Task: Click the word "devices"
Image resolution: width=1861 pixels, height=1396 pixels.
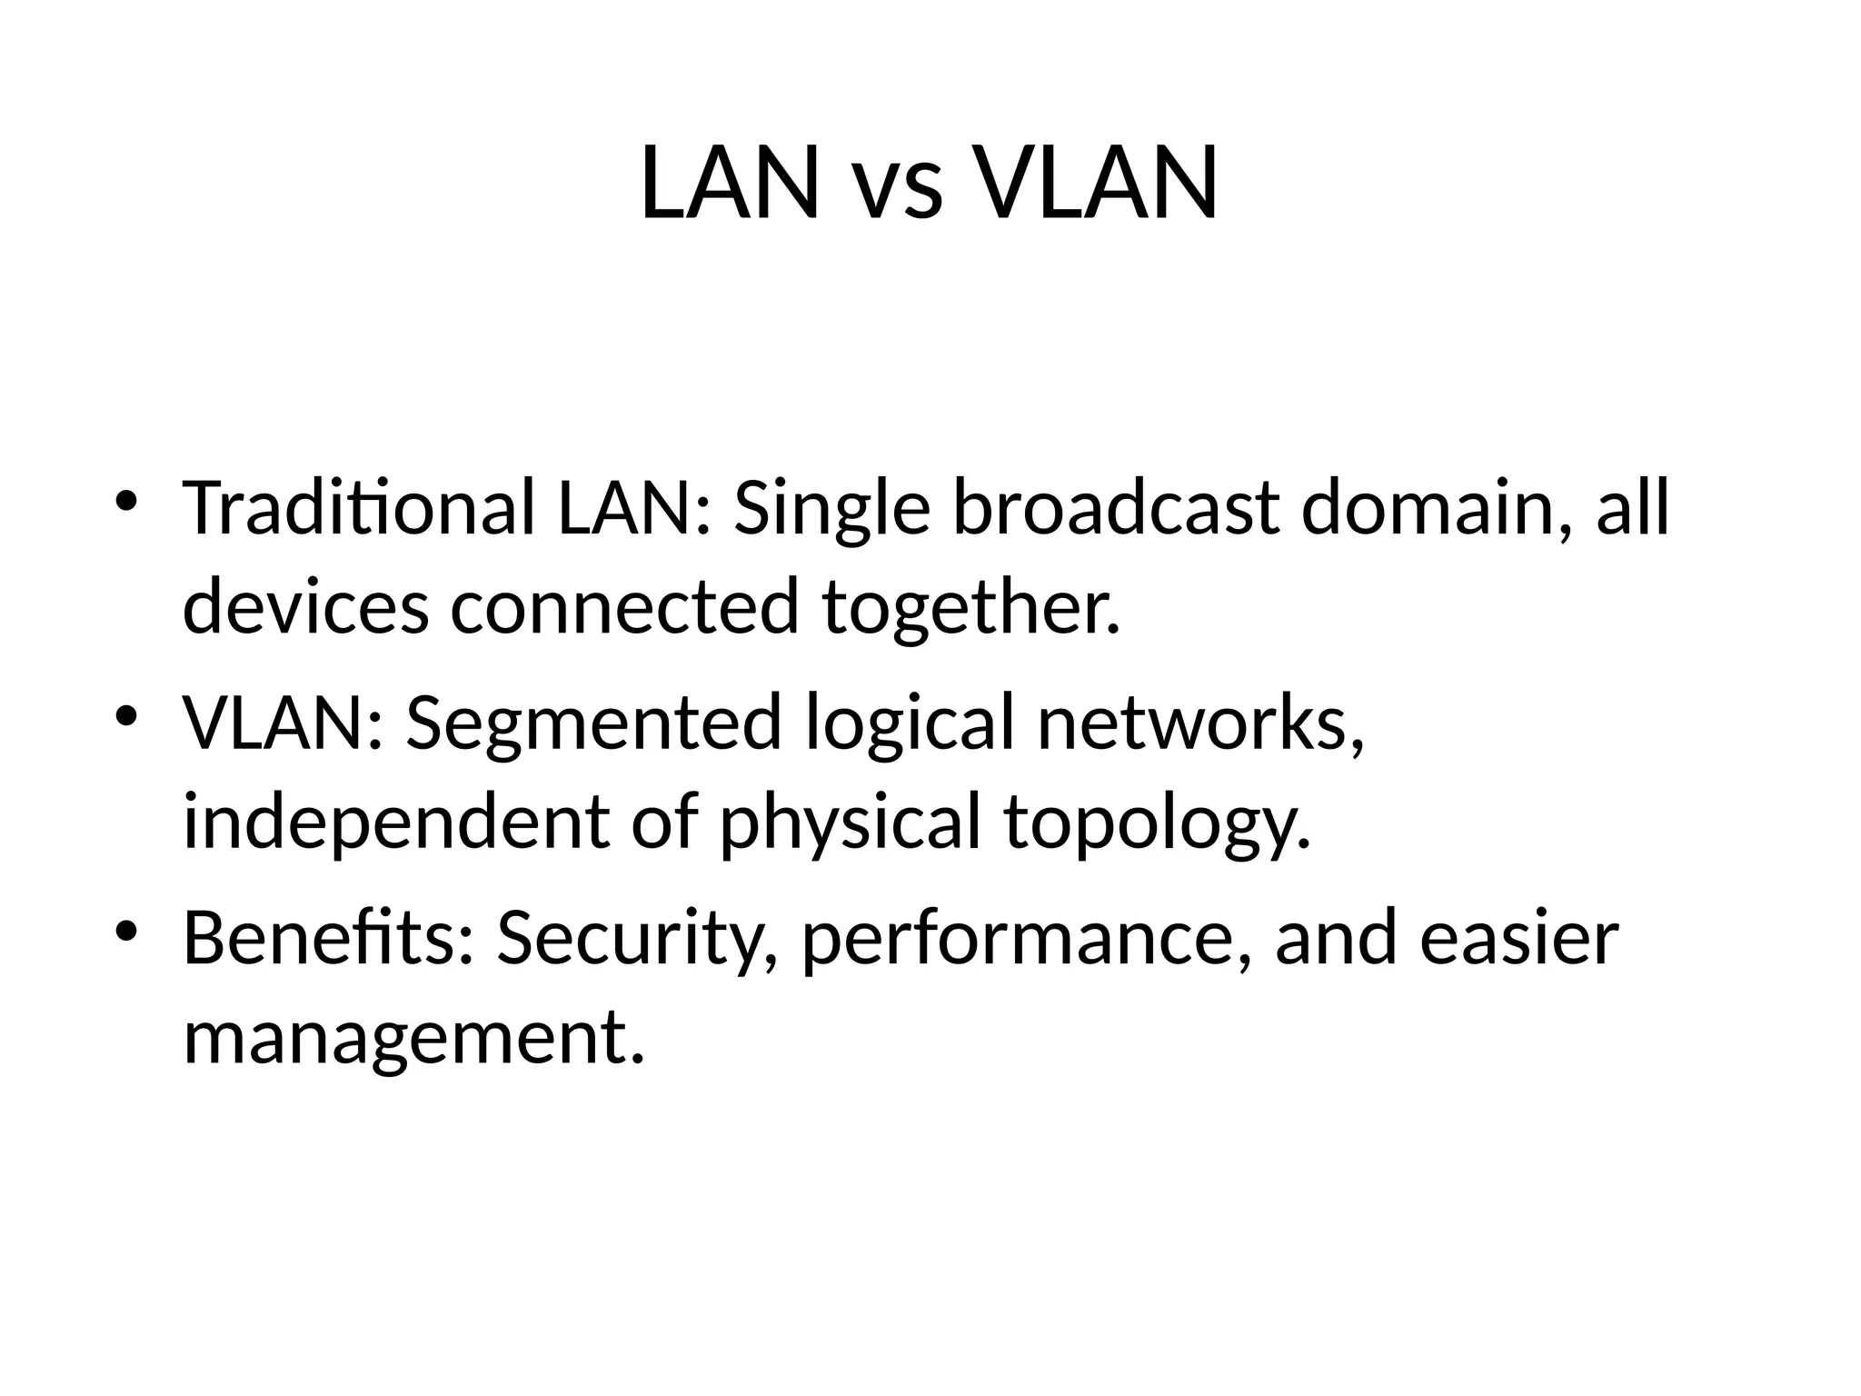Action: tap(305, 607)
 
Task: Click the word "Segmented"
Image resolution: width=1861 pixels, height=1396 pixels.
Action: tap(593, 723)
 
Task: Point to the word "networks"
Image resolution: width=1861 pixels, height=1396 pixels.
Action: tap(1198, 722)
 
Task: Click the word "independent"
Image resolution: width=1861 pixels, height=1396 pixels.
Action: tap(396, 822)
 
